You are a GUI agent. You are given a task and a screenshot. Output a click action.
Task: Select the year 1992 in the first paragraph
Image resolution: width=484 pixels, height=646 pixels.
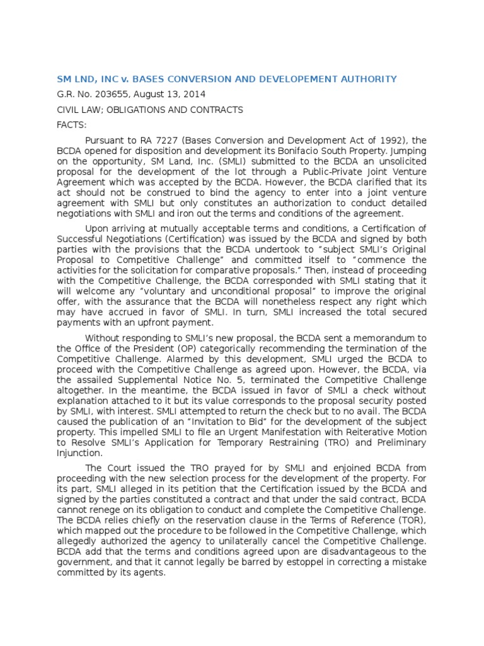(x=388, y=141)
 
